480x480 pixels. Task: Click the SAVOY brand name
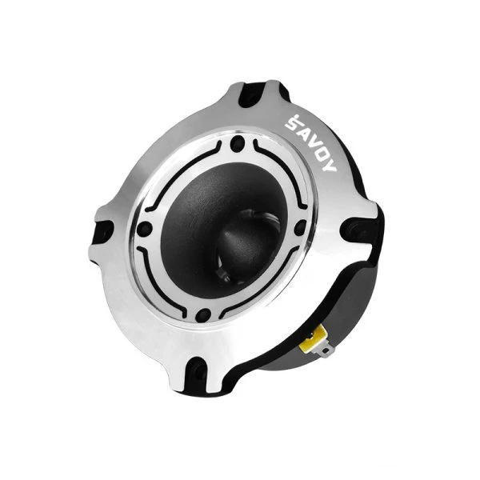point(310,143)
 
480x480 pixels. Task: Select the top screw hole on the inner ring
point(238,143)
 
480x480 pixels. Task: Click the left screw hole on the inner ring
point(145,229)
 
